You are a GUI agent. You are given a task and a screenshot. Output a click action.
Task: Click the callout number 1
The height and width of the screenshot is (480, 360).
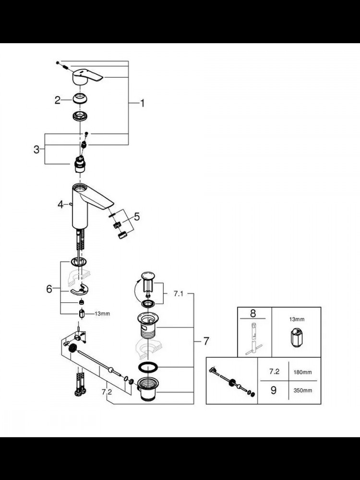pyautogui.click(x=142, y=103)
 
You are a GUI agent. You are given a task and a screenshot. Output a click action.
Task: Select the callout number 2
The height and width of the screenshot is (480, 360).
pyautogui.click(x=58, y=100)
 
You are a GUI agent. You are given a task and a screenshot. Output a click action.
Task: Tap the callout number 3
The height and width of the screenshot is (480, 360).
pyautogui.click(x=36, y=150)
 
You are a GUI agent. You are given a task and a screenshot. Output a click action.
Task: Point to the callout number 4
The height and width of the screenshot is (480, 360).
pyautogui.click(x=60, y=204)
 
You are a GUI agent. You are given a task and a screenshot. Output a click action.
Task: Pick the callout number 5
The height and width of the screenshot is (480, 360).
pyautogui.click(x=137, y=217)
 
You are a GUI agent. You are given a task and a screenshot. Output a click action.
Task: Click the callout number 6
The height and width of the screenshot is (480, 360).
pyautogui.click(x=49, y=288)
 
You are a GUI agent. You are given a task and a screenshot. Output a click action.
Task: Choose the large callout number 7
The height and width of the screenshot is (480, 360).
pyautogui.click(x=206, y=341)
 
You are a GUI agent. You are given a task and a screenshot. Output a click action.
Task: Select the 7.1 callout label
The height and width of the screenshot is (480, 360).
pyautogui.click(x=178, y=294)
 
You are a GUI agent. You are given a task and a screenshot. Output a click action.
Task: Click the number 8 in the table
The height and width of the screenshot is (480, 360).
pyautogui.click(x=253, y=313)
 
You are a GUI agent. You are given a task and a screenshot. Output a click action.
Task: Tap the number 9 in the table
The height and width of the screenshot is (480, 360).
pyautogui.click(x=274, y=390)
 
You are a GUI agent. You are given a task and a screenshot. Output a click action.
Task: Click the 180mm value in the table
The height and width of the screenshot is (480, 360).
pyautogui.click(x=302, y=372)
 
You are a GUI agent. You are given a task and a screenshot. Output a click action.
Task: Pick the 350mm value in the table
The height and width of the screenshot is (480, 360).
pyautogui.click(x=302, y=391)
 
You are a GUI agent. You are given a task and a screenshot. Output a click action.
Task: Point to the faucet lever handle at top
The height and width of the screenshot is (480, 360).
pyautogui.click(x=86, y=76)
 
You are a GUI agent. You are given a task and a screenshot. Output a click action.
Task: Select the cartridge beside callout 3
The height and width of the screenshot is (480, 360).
pyautogui.click(x=80, y=164)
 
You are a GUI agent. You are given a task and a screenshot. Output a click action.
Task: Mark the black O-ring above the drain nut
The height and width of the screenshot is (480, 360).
pyautogui.click(x=148, y=367)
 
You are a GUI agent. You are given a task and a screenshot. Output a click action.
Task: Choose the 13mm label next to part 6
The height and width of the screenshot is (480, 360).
pyautogui.click(x=102, y=314)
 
